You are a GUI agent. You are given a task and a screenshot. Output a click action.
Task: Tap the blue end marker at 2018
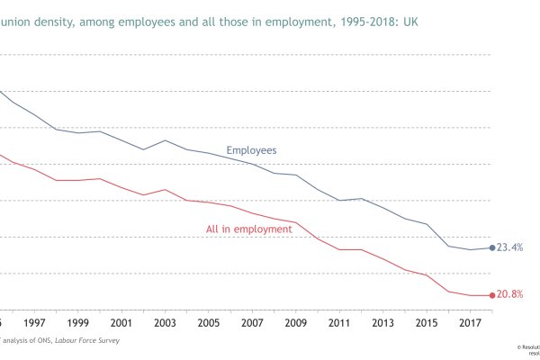click(x=491, y=247)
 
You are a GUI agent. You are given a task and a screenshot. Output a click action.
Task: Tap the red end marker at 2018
click(x=491, y=295)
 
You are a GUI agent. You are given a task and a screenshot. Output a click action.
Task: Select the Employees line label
click(x=251, y=150)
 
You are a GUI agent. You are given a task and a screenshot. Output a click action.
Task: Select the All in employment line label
click(x=249, y=229)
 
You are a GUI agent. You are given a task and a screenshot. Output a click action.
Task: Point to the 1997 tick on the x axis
click(x=35, y=322)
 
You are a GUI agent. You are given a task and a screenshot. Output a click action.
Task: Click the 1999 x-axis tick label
click(x=78, y=322)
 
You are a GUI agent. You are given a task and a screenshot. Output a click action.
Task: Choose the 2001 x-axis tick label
click(x=121, y=322)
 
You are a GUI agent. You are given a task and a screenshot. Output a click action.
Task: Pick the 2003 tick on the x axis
click(x=165, y=322)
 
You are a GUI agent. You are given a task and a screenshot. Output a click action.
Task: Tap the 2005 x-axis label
click(x=208, y=322)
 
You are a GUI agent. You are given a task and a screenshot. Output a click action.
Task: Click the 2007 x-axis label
click(x=252, y=322)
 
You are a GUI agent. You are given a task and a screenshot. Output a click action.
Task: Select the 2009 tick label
click(x=295, y=322)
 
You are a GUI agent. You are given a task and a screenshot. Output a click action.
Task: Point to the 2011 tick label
click(x=338, y=322)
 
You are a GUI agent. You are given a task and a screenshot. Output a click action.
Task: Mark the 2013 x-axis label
click(x=382, y=322)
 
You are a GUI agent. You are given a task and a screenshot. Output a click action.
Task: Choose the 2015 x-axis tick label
click(x=426, y=322)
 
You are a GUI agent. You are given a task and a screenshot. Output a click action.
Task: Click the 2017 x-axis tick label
click(x=469, y=322)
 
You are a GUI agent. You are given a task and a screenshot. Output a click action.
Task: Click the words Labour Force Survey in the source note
click(x=86, y=341)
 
